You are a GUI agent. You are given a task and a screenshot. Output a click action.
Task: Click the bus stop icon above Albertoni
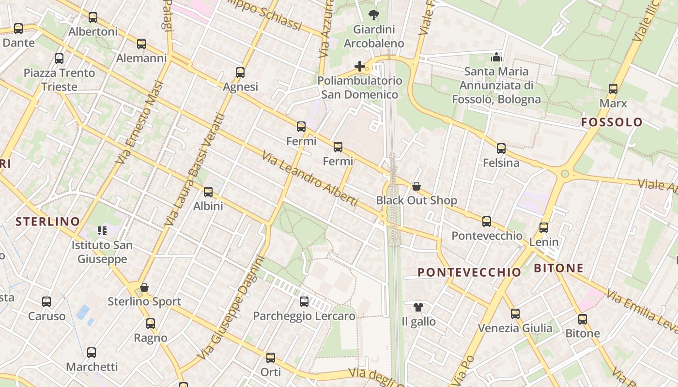coord(93,17)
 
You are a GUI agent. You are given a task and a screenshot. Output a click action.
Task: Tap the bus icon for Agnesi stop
coord(240,73)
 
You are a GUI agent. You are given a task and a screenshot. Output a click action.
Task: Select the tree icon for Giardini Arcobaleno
coord(373,15)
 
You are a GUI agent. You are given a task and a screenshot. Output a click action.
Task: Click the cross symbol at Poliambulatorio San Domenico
coord(359,66)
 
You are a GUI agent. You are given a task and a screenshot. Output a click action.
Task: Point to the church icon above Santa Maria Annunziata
coord(496,57)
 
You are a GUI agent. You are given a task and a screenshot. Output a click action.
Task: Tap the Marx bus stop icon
coord(613,89)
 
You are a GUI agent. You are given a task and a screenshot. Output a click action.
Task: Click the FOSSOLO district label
coord(612,122)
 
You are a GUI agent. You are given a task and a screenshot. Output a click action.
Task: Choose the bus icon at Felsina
coord(501,149)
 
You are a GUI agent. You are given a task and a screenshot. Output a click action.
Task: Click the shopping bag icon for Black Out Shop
coord(416,186)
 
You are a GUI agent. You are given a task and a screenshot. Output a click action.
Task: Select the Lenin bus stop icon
coord(544,227)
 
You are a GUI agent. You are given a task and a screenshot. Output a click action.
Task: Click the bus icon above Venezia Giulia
coord(515,314)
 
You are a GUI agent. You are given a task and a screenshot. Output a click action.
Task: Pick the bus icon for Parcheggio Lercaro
coord(304,302)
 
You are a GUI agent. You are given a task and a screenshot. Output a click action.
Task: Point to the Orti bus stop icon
coord(271,358)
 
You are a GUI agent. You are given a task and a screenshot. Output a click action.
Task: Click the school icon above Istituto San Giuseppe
coord(102,231)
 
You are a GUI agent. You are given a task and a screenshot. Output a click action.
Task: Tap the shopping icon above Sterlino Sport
coord(144,287)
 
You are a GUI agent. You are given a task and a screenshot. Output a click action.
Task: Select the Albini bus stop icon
coord(208,192)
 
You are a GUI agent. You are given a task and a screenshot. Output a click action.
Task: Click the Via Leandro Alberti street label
coord(310,179)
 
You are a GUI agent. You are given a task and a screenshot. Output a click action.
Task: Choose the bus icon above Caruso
coord(46,302)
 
